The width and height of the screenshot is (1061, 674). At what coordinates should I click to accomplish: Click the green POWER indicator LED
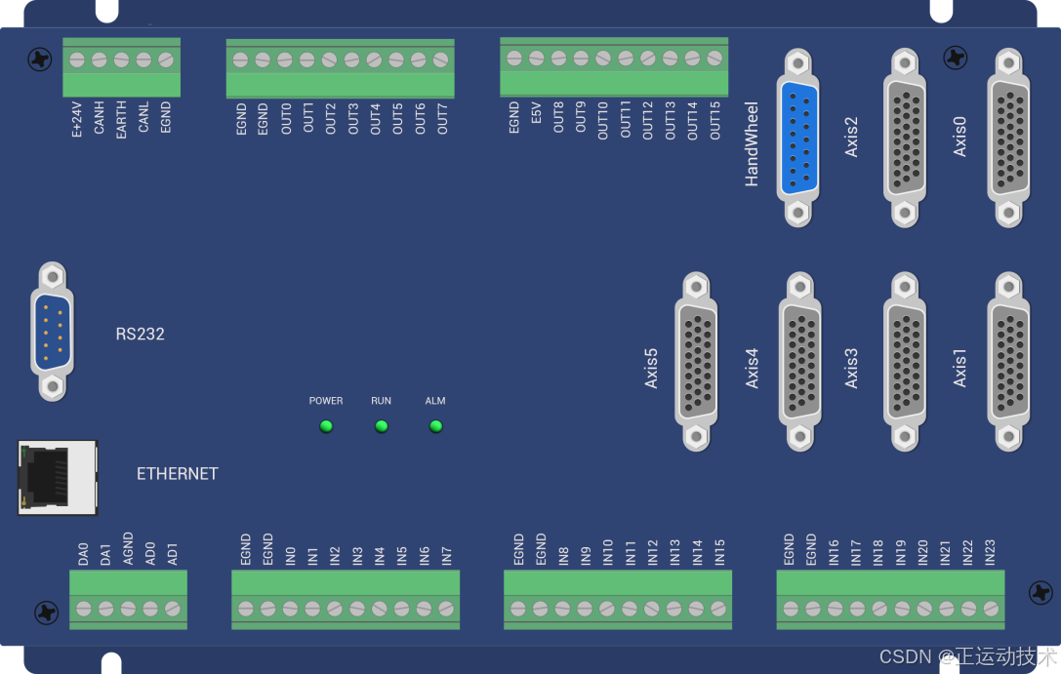pos(326,426)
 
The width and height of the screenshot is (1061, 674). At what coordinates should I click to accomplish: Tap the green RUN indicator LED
pos(382,426)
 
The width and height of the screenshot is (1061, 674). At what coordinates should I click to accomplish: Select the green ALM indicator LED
pos(435,426)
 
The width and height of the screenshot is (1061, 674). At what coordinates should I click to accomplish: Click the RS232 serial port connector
pos(51,332)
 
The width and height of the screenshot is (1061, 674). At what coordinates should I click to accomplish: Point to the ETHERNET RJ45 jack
pos(58,477)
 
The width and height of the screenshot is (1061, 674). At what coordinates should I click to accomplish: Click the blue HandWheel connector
pos(797,139)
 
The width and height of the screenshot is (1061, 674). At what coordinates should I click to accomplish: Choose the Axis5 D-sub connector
pos(696,361)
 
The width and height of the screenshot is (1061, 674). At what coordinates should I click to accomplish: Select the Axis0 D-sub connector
pos(1008,139)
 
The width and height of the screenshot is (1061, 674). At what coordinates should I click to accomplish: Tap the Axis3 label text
pos(852,368)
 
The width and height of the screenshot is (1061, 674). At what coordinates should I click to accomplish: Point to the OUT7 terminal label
pos(442,118)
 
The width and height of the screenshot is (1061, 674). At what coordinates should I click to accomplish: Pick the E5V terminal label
pos(537,116)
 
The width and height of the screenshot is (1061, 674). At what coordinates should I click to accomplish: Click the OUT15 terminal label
pos(715,119)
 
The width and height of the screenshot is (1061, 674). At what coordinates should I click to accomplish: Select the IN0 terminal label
pos(291,556)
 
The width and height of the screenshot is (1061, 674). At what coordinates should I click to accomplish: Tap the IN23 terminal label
pos(990,553)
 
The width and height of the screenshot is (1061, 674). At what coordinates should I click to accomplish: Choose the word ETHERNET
pos(177,474)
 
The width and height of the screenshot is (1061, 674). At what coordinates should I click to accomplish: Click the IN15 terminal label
pos(719,552)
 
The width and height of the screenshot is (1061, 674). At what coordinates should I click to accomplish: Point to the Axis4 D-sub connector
pos(799,361)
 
